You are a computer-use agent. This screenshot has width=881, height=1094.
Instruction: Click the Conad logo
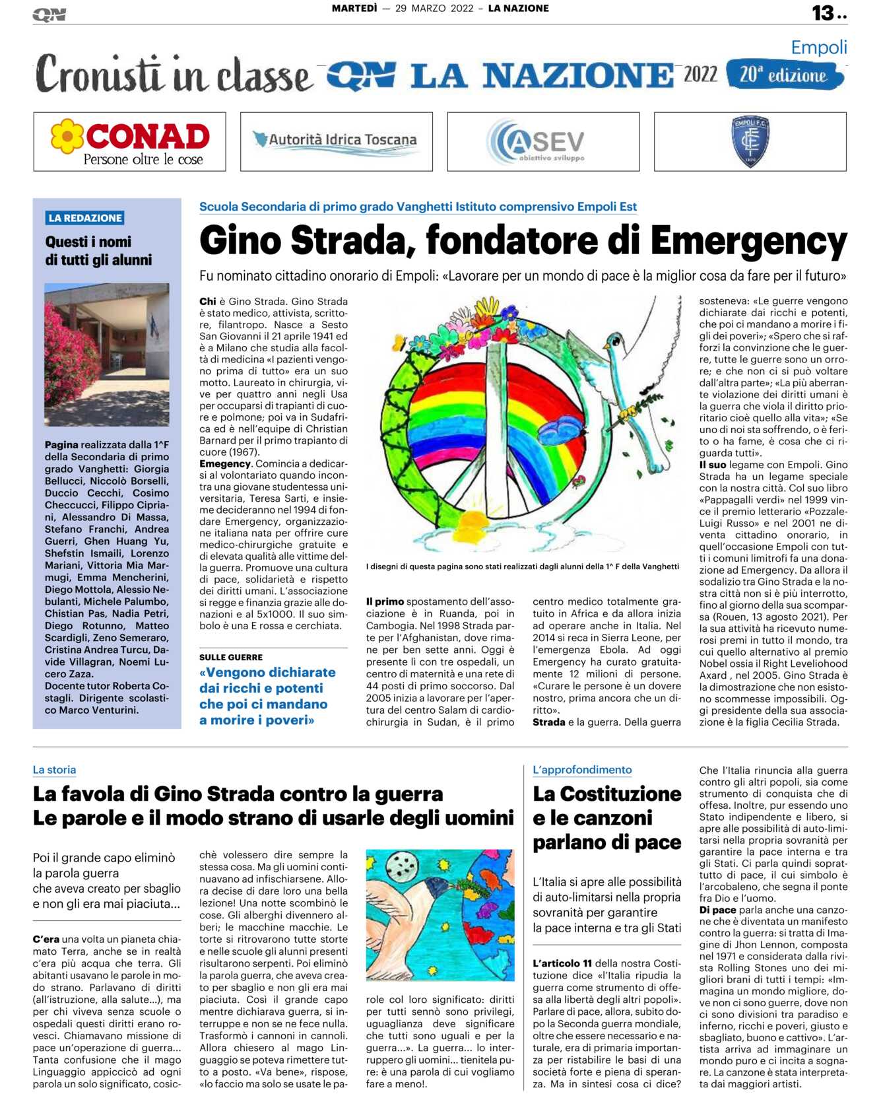(130, 141)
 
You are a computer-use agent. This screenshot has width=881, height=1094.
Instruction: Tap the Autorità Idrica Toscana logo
(336, 141)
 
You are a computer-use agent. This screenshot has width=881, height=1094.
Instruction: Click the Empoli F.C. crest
(750, 141)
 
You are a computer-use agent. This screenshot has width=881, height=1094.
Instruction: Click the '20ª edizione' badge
(784, 75)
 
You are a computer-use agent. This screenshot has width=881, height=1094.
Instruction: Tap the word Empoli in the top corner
(818, 48)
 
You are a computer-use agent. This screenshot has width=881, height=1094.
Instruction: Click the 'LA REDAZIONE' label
(85, 218)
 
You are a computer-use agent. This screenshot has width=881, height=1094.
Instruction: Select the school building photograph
(106, 354)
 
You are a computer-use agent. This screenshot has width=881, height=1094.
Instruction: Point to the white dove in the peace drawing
(634, 370)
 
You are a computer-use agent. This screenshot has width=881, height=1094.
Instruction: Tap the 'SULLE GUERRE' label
(231, 657)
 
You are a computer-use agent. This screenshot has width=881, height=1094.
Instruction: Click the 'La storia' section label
(54, 770)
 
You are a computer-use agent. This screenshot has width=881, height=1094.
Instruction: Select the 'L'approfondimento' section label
(582, 770)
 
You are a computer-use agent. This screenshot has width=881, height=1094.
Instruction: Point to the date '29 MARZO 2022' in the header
(434, 9)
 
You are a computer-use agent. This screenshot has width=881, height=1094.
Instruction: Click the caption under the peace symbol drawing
(522, 566)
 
